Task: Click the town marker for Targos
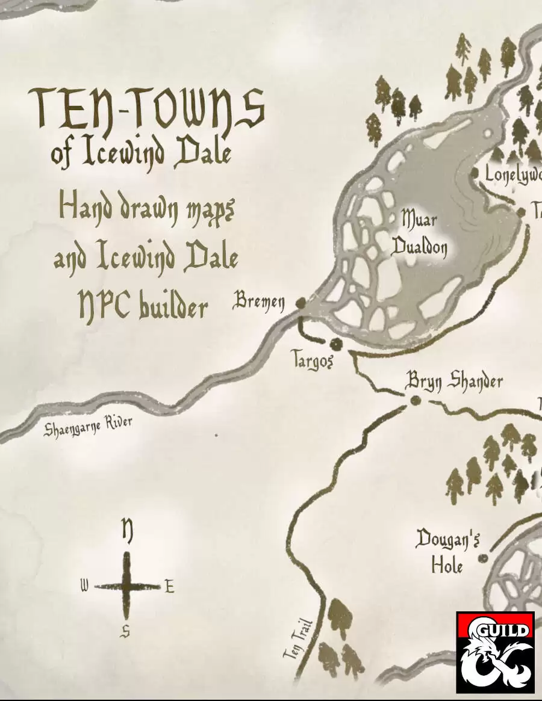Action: [x=335, y=344]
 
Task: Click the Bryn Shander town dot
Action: [x=414, y=401]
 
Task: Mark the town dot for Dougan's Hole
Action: [x=482, y=558]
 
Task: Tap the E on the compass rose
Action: [x=169, y=586]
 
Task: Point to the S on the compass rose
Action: [x=126, y=631]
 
